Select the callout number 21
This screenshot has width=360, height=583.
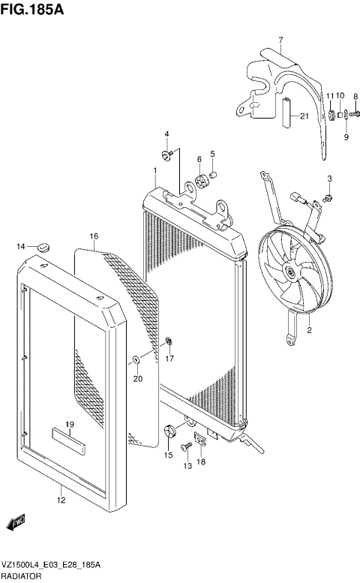[x=304, y=116]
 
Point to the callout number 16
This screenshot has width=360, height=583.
[x=94, y=236]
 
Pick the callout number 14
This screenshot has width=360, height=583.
[x=22, y=246]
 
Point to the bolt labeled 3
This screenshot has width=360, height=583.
[x=328, y=197]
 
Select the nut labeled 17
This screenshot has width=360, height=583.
[x=169, y=344]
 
